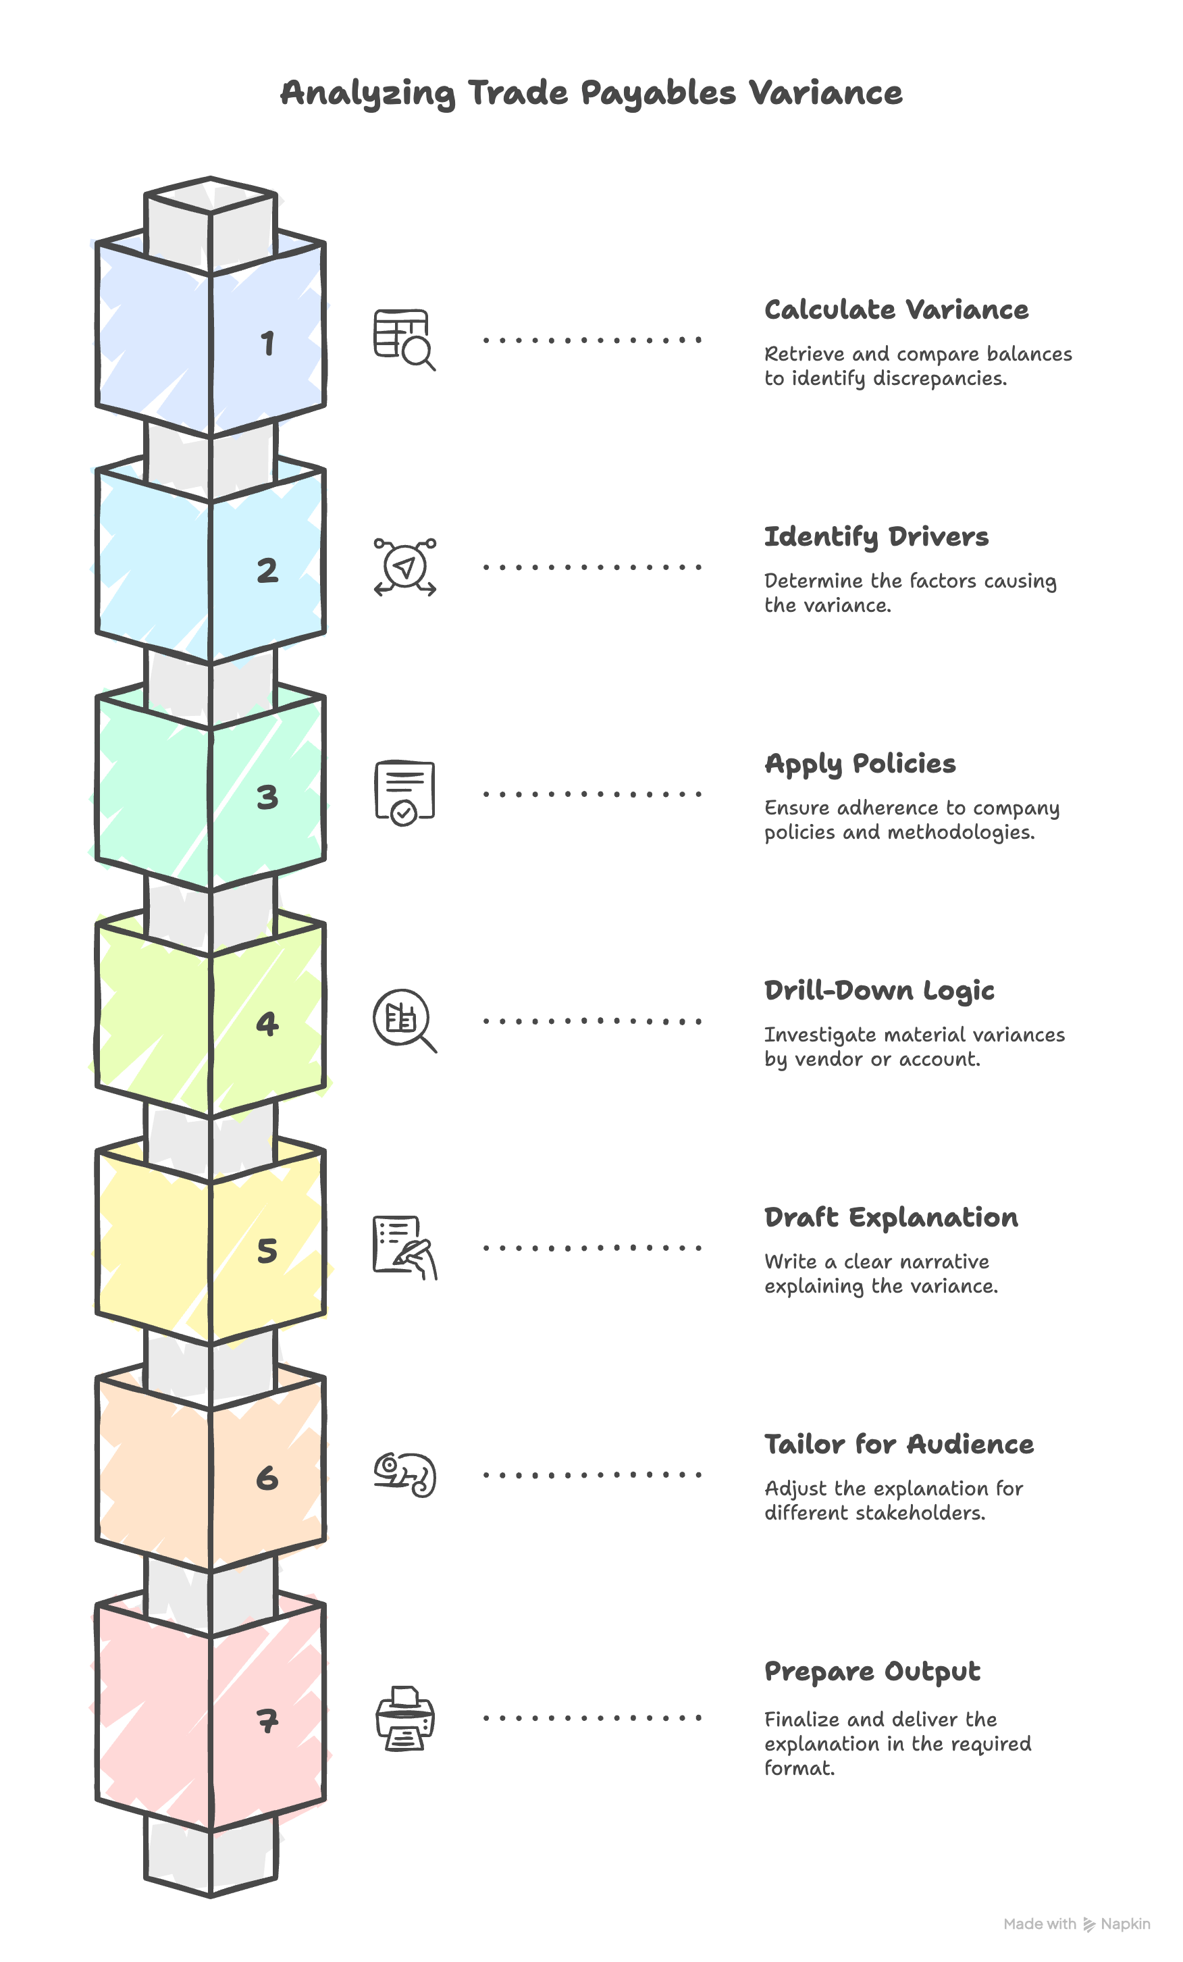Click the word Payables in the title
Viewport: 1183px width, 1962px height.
(658, 94)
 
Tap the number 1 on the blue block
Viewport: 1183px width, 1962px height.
(268, 343)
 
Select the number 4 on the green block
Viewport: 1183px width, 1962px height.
(267, 1023)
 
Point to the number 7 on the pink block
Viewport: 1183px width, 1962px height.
(267, 1721)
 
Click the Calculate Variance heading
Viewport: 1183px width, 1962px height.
(897, 310)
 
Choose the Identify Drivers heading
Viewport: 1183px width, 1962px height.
(876, 538)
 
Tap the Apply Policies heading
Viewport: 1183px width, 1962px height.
(860, 765)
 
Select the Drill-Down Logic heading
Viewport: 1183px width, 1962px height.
(880, 991)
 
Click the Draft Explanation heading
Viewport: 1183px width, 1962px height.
(891, 1218)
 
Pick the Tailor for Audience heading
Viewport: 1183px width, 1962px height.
(899, 1445)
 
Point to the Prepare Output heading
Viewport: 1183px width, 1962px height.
(872, 1672)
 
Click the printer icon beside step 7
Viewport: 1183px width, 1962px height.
(405, 1718)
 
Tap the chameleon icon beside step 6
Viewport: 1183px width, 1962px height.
(405, 1474)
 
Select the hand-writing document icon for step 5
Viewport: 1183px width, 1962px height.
(405, 1247)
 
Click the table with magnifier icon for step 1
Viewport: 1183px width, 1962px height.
(404, 340)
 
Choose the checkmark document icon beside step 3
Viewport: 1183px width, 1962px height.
(404, 793)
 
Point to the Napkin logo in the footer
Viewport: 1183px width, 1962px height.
(1116, 1924)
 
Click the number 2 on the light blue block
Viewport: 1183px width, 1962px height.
(267, 570)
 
